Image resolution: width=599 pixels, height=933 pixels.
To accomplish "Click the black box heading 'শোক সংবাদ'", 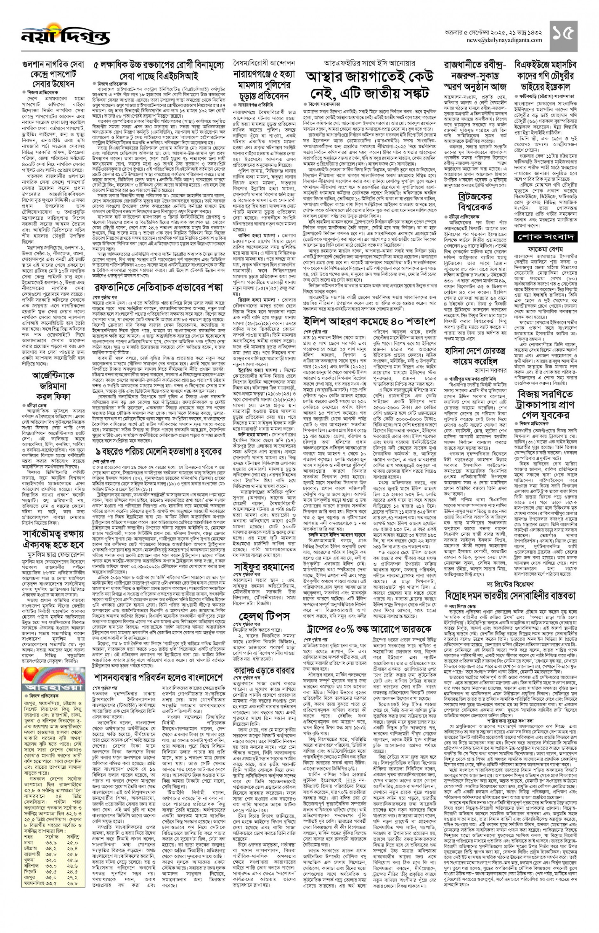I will click(x=545, y=236).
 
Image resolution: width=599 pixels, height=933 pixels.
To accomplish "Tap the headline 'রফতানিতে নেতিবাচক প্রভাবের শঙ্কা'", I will click(x=159, y=287).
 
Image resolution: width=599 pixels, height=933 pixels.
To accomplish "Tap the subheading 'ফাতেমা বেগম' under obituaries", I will click(x=545, y=249).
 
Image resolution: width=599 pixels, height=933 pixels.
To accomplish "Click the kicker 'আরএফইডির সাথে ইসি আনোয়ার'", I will click(x=370, y=63).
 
